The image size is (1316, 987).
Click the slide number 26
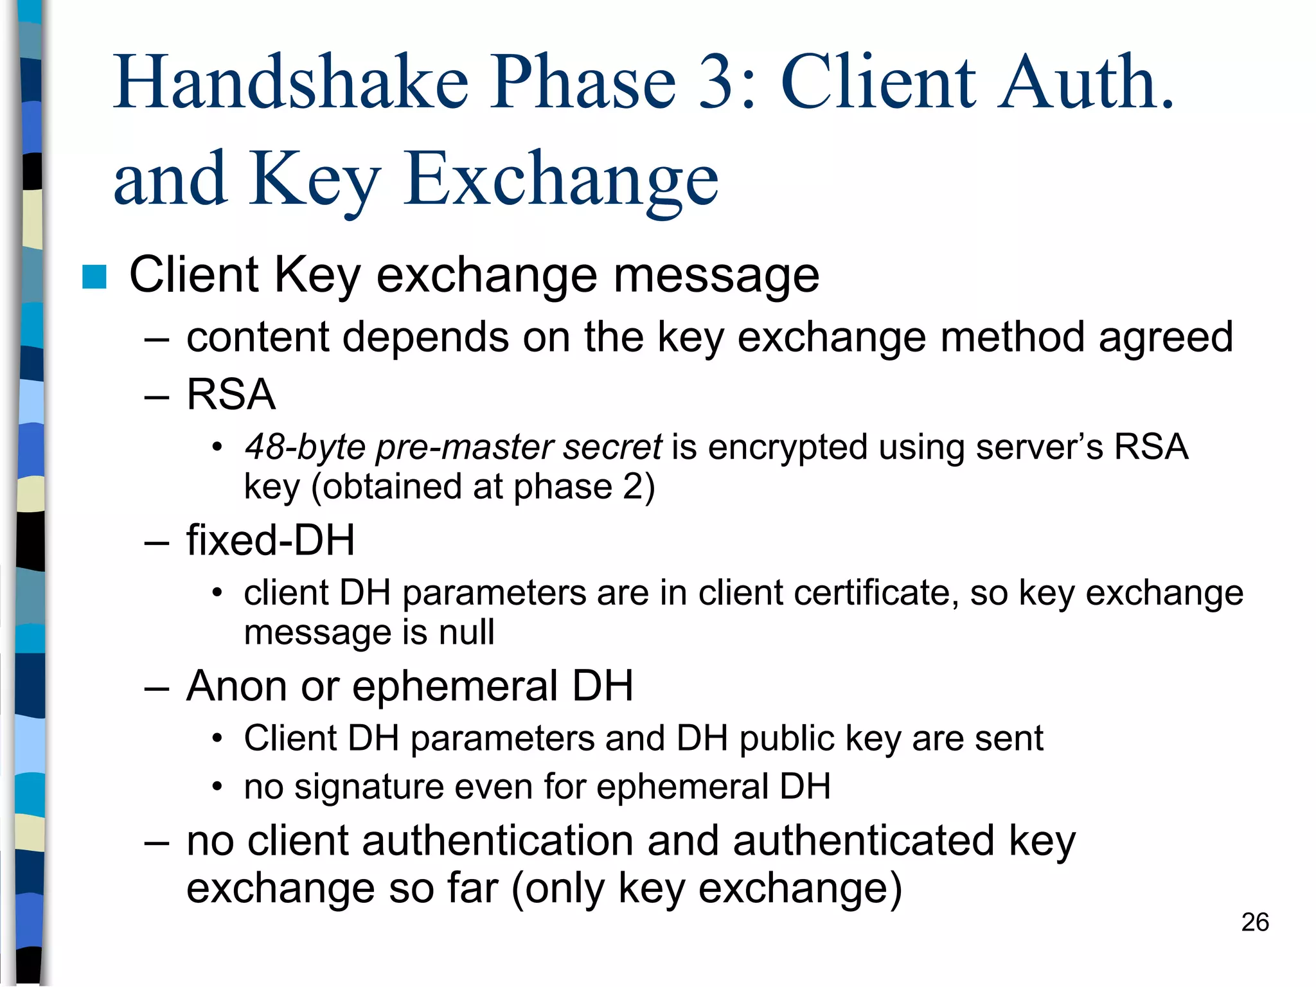tap(1254, 922)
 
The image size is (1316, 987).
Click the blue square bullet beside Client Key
tap(94, 277)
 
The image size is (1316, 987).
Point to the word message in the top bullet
tap(716, 276)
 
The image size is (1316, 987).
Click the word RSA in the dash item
tap(231, 394)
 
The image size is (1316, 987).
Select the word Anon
tap(236, 686)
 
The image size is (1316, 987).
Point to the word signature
tap(369, 787)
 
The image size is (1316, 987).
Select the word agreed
tap(1166, 339)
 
